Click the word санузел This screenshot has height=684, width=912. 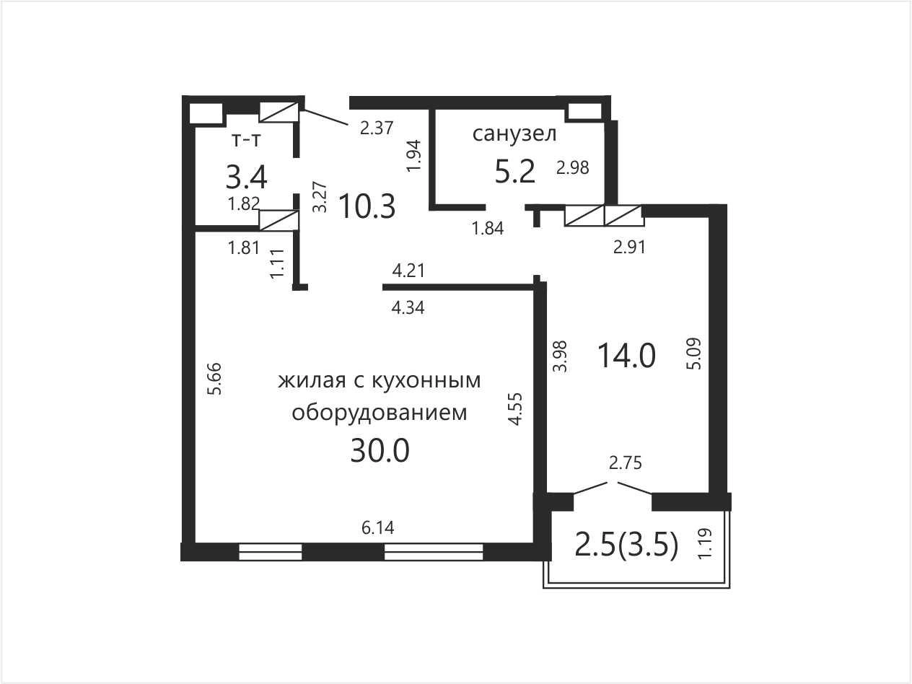(x=514, y=134)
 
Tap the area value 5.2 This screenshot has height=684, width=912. (x=514, y=172)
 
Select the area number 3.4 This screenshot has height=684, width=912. (x=246, y=177)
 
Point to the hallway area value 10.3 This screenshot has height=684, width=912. (x=367, y=206)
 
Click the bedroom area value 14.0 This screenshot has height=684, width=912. (x=626, y=356)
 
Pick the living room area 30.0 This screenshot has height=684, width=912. (x=380, y=451)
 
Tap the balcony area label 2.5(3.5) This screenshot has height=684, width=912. (x=626, y=545)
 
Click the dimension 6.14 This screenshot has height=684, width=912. (x=377, y=528)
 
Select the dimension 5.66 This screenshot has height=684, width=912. (x=216, y=380)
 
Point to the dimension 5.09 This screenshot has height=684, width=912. (x=693, y=354)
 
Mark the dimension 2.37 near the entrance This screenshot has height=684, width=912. (x=377, y=128)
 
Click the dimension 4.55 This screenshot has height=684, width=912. (x=514, y=409)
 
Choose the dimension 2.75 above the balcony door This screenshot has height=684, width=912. (x=626, y=463)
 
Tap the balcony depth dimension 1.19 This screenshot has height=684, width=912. (x=705, y=543)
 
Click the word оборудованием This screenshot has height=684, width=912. (x=380, y=413)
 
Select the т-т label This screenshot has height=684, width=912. (x=246, y=141)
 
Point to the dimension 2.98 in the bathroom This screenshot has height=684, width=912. (x=573, y=168)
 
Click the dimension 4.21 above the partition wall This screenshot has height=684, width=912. (x=408, y=271)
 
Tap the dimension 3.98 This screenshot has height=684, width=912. (x=561, y=356)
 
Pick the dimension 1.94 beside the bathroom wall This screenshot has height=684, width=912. (x=414, y=156)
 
